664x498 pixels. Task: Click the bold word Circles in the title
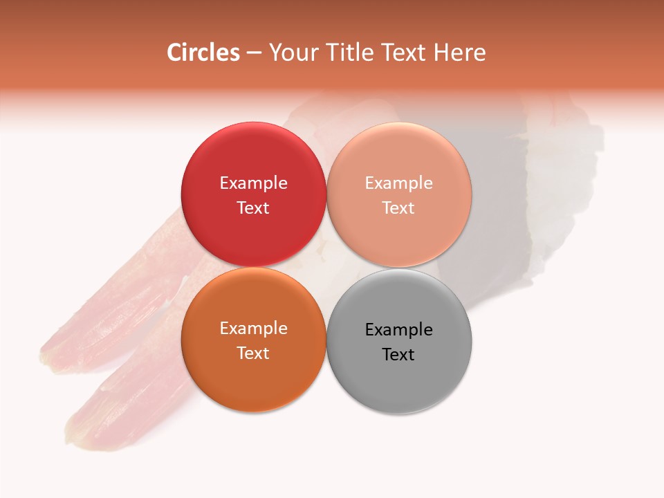(x=203, y=53)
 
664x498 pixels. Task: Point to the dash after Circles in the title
(x=255, y=53)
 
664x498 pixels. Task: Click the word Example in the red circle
(x=253, y=183)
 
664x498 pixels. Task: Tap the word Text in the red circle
(x=253, y=207)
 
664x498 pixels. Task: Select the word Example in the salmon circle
(x=398, y=183)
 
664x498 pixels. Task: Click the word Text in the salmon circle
(x=398, y=207)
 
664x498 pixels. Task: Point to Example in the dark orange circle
(x=253, y=329)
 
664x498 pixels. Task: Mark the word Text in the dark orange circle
(x=253, y=353)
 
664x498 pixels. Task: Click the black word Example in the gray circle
(x=398, y=330)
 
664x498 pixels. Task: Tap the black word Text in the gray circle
(x=398, y=354)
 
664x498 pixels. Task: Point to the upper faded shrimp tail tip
(x=52, y=356)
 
